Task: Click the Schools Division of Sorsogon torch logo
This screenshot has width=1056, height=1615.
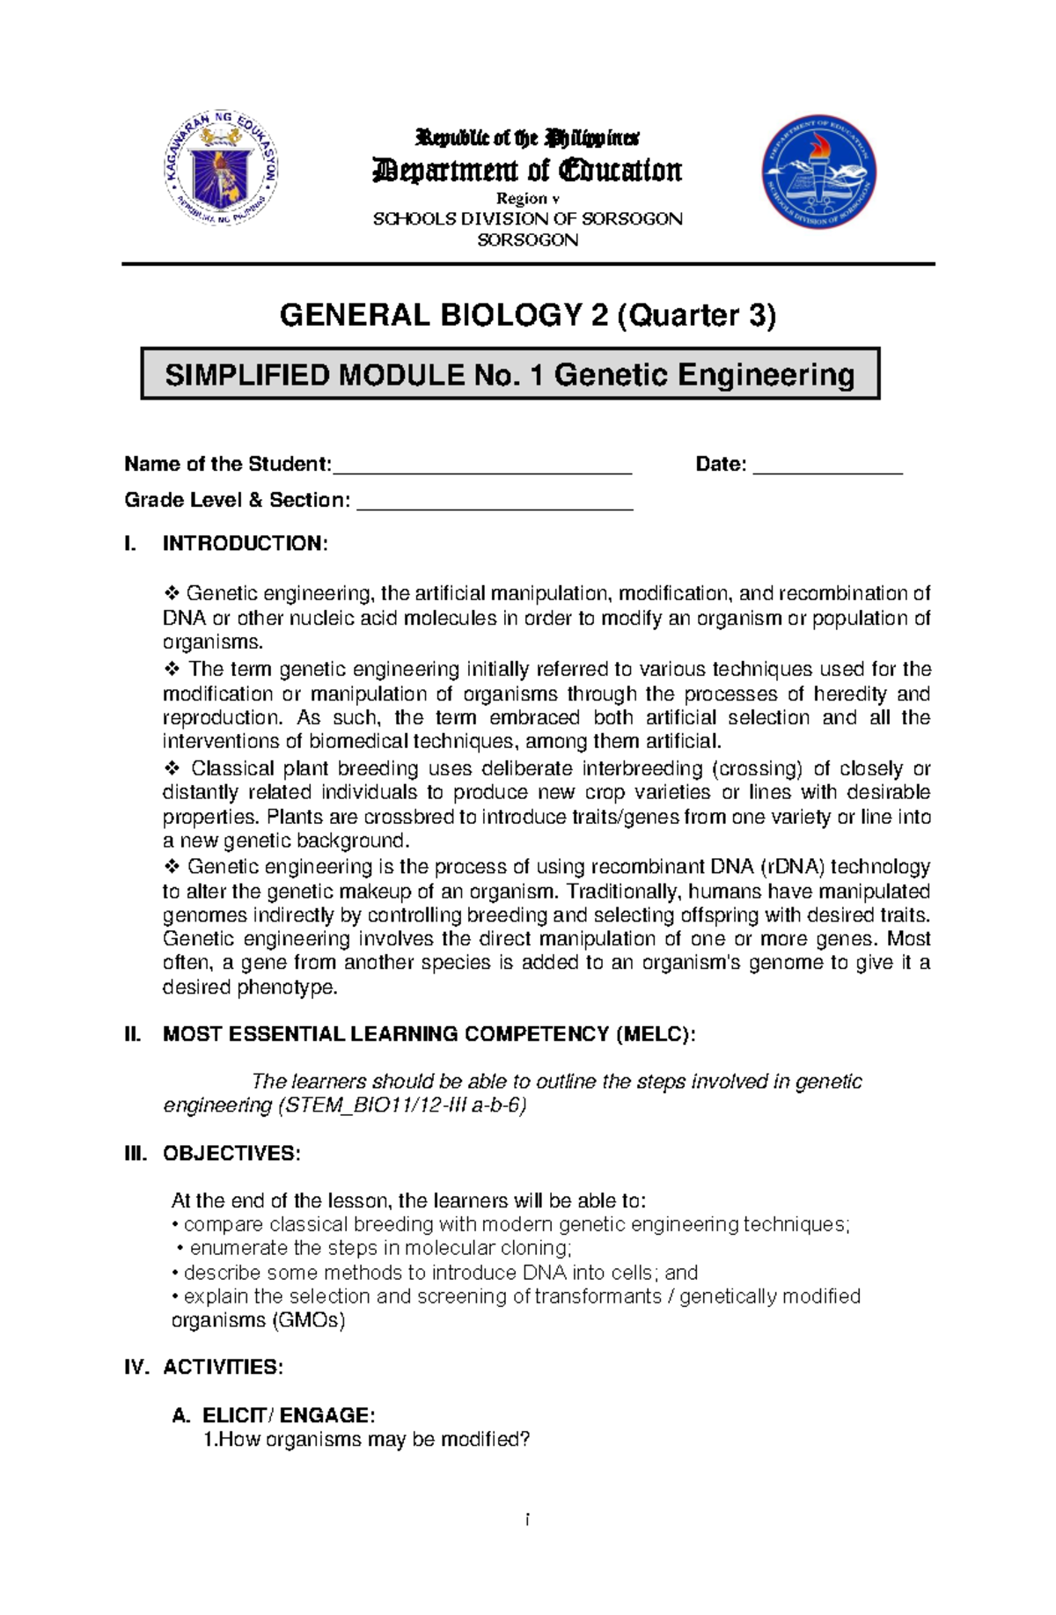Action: click(x=818, y=173)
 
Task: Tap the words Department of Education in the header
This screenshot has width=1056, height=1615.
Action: click(x=527, y=170)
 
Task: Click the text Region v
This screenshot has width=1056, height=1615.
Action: click(x=527, y=199)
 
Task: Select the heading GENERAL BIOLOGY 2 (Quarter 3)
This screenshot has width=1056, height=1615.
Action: click(x=527, y=315)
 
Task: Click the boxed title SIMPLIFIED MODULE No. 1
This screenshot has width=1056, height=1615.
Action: click(x=510, y=375)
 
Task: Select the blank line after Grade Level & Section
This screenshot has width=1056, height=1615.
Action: click(x=495, y=503)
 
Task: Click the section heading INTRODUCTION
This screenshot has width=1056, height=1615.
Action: click(x=245, y=543)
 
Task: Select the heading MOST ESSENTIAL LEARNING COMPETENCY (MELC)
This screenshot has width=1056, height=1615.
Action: click(x=429, y=1034)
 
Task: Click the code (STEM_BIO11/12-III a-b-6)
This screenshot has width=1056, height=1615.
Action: click(x=402, y=1105)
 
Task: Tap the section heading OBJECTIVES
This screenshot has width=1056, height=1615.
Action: click(x=231, y=1153)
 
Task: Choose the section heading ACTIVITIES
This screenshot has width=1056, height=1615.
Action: click(x=223, y=1367)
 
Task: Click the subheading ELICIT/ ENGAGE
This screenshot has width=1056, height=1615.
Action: click(x=289, y=1415)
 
